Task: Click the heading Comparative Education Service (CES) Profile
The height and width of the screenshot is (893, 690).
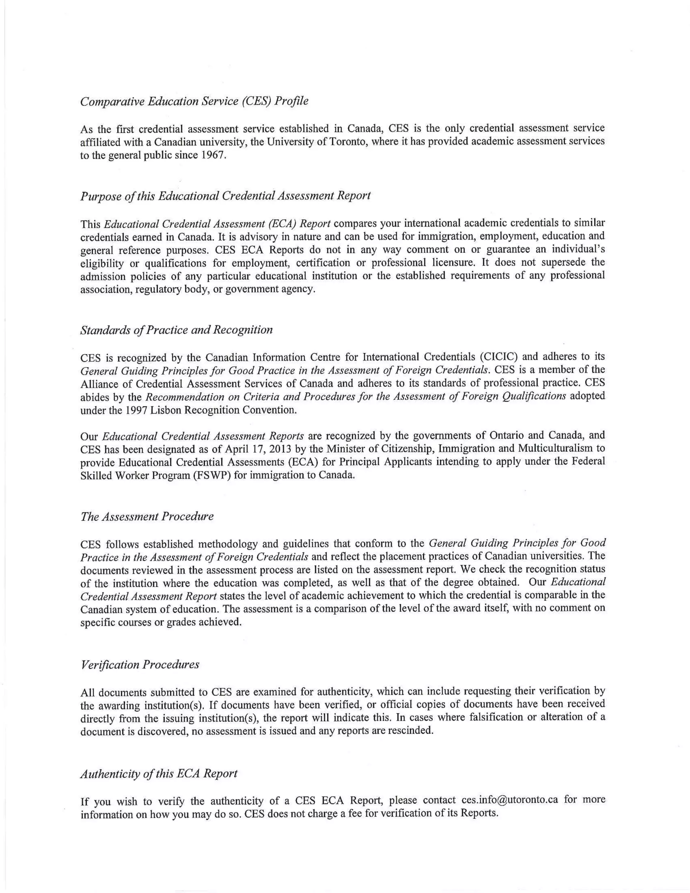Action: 194,101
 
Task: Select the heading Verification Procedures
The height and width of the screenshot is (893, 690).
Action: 140,665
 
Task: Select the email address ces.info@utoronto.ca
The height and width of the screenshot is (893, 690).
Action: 510,800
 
